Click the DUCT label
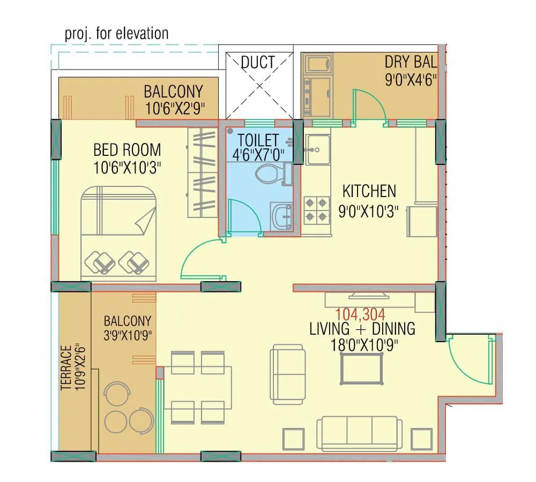click(x=258, y=62)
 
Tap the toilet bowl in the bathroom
click(x=271, y=174)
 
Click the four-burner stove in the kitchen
click(x=316, y=209)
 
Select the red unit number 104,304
click(x=360, y=314)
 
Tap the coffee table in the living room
click(x=362, y=368)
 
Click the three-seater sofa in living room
click(x=359, y=433)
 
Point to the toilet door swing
click(x=244, y=217)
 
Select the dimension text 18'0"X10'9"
click(x=363, y=343)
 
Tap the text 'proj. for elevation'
click(x=116, y=34)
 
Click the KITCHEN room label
click(x=369, y=191)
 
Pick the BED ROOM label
click(x=127, y=149)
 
